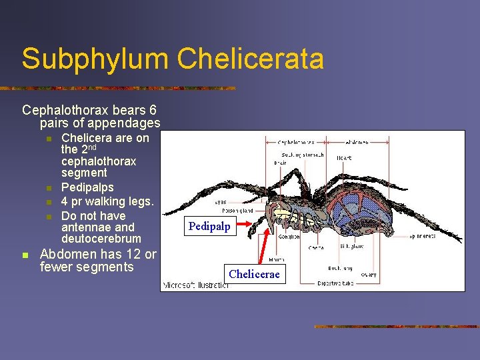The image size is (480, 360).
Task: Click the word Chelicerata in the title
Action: [251, 59]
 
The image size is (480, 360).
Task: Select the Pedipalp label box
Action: [209, 227]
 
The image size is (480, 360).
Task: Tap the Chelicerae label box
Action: [254, 275]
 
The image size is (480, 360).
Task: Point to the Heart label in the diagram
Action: [344, 158]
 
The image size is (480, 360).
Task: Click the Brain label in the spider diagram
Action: [281, 163]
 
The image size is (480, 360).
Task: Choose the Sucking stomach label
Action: [303, 155]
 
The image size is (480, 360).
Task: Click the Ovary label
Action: [368, 275]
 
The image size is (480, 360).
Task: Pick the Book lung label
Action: [339, 267]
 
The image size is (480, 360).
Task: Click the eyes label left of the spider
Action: [220, 201]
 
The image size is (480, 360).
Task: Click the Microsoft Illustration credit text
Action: [195, 285]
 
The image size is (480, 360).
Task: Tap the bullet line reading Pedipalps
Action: [87, 187]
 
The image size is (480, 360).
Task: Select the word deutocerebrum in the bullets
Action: [101, 239]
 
